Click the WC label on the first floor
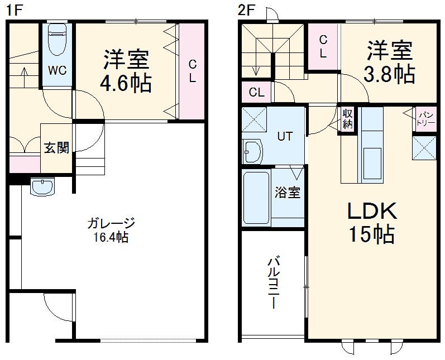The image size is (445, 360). click(57, 71)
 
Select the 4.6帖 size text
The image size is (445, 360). click(126, 83)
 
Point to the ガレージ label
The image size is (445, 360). click(111, 224)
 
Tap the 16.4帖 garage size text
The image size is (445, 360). click(111, 237)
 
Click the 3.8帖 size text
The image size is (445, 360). click(389, 73)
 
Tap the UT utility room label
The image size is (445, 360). click(285, 135)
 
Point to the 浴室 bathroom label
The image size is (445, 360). click(288, 193)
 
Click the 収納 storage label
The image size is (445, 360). click(348, 118)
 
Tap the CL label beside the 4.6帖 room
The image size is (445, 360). click(192, 70)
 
